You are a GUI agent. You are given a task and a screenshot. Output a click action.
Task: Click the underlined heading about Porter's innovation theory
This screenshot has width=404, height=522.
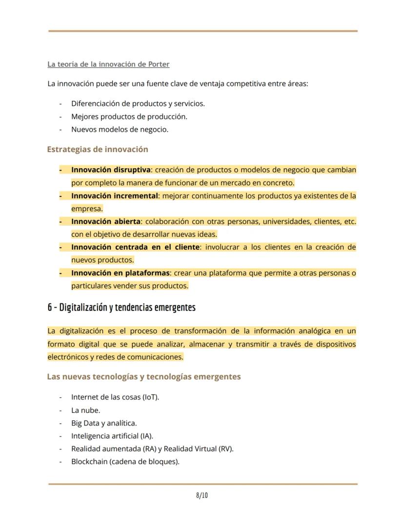point(108,64)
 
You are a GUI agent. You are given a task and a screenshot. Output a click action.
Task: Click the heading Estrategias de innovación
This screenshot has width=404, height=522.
point(98,149)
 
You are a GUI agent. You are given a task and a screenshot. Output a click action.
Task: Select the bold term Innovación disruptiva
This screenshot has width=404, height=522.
point(111,170)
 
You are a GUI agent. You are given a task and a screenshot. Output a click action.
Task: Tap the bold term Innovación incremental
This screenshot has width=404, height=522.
point(115,196)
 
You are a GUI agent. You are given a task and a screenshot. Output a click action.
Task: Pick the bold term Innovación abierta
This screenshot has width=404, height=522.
point(106,221)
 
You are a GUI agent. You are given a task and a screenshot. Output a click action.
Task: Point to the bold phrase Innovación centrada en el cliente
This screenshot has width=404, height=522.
point(135,247)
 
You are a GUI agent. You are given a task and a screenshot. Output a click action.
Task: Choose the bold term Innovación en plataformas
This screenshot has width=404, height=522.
point(120,273)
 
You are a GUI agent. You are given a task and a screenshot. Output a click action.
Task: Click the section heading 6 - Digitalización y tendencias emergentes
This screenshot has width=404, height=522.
point(121,308)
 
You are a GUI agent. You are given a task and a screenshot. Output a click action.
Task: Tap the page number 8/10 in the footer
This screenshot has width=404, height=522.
point(202,496)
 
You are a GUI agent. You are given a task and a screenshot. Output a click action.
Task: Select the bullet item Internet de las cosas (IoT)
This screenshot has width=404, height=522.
point(115,397)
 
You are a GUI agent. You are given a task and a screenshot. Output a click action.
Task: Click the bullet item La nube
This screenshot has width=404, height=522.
point(85,410)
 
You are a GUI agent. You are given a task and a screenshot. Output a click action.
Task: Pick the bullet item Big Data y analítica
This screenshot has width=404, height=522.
point(104,423)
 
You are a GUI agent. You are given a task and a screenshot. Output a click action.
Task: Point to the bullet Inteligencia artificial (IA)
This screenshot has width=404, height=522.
point(112,436)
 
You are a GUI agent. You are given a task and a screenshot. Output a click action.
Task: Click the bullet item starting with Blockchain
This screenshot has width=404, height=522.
point(125,462)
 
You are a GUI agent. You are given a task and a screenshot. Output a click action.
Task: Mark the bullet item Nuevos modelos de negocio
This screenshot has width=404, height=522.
point(120,130)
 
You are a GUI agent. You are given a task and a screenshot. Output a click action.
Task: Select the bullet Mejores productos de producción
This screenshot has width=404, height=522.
point(129,116)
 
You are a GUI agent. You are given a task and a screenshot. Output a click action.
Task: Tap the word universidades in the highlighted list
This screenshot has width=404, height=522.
point(285,221)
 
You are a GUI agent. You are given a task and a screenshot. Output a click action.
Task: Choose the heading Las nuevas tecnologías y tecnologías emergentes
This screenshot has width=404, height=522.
point(144,377)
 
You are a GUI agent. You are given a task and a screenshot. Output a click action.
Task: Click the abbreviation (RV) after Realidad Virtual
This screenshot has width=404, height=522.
point(225,449)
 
